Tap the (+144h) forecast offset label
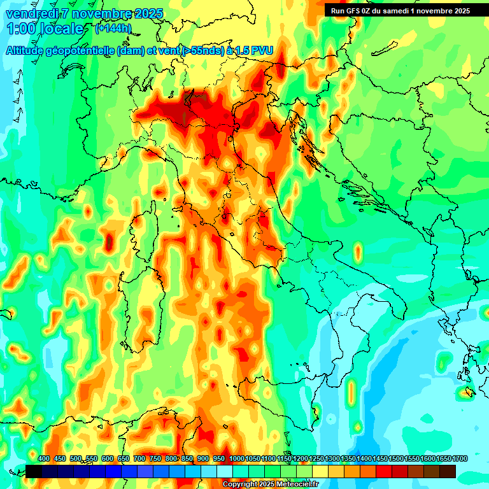[113, 28]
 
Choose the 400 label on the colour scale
[44, 459]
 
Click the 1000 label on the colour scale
[236, 459]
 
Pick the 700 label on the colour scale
[139, 459]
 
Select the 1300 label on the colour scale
[332, 459]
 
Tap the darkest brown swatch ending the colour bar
[448, 471]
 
